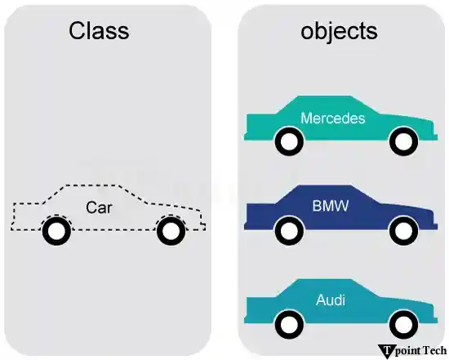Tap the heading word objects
[x=338, y=31]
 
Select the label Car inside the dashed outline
[x=100, y=207]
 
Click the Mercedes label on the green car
[x=332, y=118]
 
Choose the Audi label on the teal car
[x=330, y=300]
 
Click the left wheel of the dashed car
[x=55, y=232]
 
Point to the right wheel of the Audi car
[x=402, y=324]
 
